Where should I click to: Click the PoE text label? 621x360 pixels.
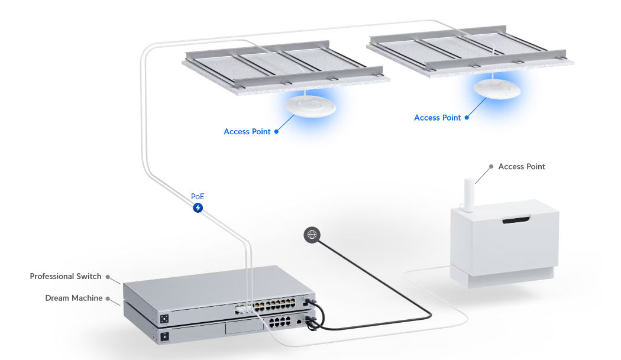(x=198, y=196)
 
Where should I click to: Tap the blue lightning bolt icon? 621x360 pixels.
(x=198, y=207)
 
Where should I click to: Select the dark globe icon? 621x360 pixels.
(x=312, y=235)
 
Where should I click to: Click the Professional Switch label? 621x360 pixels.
(x=65, y=276)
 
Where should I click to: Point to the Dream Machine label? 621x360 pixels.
(x=73, y=298)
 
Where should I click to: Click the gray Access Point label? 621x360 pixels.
(x=522, y=167)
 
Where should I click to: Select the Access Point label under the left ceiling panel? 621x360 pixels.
(x=247, y=131)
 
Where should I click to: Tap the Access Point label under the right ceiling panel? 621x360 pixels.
(x=437, y=118)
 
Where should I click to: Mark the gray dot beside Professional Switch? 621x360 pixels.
(x=108, y=276)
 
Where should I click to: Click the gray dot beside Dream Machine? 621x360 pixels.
(x=108, y=298)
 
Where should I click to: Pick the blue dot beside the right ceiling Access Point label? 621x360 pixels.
(x=467, y=118)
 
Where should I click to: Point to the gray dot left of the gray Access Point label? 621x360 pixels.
(x=491, y=167)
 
